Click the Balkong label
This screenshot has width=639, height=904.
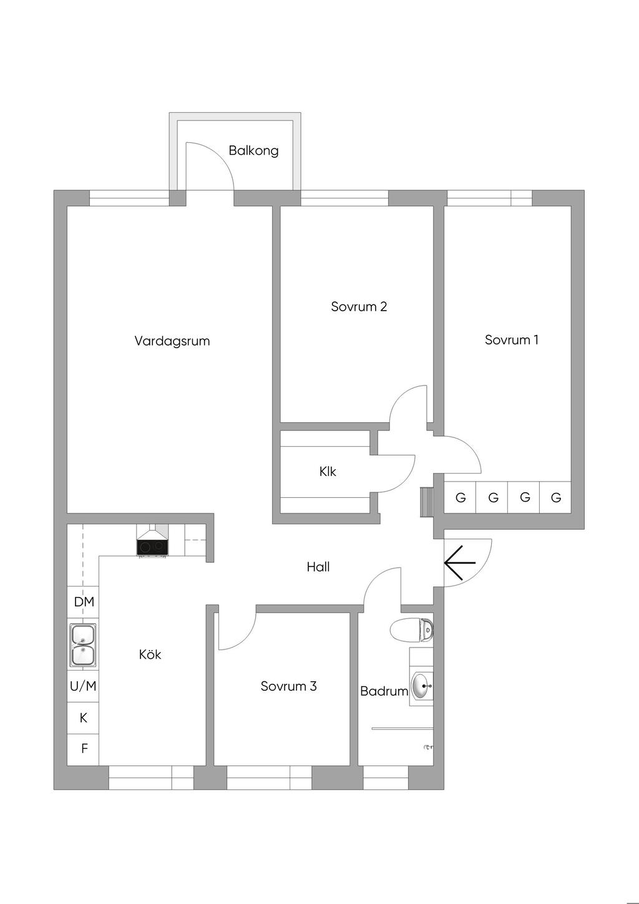click(253, 151)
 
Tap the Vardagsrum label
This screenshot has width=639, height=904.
click(172, 341)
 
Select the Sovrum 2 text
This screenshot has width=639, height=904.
click(359, 307)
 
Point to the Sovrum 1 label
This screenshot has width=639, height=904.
click(512, 340)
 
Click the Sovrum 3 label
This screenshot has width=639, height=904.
click(289, 686)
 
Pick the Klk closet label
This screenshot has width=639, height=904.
click(328, 472)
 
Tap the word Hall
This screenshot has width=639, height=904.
click(318, 567)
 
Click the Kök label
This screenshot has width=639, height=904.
click(150, 654)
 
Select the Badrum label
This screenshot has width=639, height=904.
click(384, 691)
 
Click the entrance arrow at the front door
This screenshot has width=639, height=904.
click(460, 563)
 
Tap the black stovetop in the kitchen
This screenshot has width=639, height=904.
click(152, 547)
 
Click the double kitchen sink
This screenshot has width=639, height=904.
click(83, 645)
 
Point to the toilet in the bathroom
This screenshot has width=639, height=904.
click(412, 629)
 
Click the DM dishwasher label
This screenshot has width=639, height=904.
click(84, 602)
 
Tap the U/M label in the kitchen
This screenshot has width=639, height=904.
click(83, 686)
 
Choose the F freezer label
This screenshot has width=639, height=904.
click(84, 749)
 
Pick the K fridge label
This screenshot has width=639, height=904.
click(84, 718)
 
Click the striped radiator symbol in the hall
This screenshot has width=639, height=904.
click(426, 502)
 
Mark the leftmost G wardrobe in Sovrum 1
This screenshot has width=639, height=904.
click(460, 497)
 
